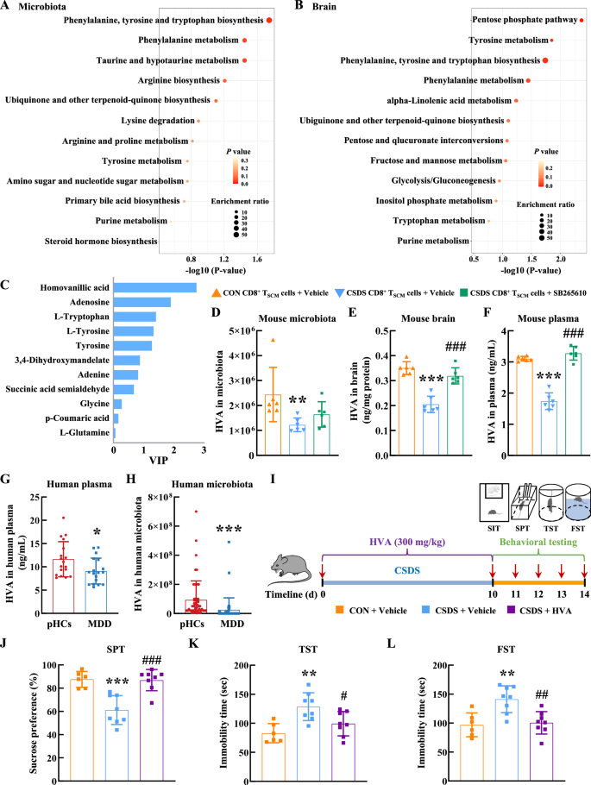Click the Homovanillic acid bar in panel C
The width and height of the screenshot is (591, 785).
tap(155, 287)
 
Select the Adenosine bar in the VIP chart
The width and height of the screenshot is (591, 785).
tap(142, 302)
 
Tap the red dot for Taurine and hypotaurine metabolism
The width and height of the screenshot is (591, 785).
tap(245, 60)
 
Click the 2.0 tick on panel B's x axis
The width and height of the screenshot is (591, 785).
tap(561, 258)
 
